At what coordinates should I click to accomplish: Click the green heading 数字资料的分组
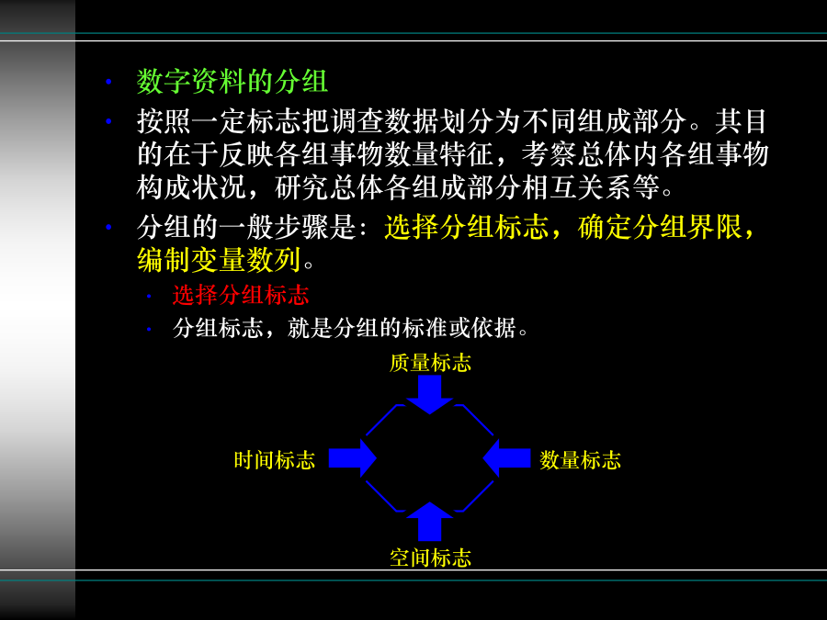click(x=232, y=82)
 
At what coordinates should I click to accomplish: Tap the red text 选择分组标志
click(x=241, y=295)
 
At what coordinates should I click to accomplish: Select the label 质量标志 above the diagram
click(x=430, y=363)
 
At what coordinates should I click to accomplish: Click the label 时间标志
click(x=275, y=460)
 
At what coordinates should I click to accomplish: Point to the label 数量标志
click(x=580, y=460)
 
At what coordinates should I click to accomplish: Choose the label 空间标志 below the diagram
click(x=430, y=558)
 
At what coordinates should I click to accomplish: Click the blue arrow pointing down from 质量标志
click(x=430, y=395)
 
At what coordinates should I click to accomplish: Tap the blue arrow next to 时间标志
click(x=352, y=458)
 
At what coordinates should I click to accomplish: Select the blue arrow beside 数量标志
click(x=507, y=458)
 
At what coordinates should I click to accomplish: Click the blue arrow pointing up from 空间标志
click(x=430, y=522)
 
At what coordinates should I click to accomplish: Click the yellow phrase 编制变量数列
click(x=219, y=260)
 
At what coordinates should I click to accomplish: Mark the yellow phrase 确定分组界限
click(x=660, y=227)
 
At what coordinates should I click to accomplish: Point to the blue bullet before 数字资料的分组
click(x=108, y=82)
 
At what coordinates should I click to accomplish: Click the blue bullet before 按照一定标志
click(x=108, y=121)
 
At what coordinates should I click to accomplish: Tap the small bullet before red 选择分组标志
click(x=149, y=297)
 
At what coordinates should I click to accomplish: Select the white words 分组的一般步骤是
click(x=245, y=227)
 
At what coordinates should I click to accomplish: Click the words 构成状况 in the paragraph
click(x=191, y=187)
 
